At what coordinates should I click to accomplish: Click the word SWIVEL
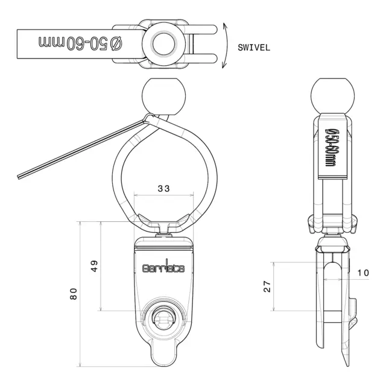point(254,48)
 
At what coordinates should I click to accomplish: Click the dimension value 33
point(163,189)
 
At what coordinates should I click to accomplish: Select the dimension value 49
point(94,266)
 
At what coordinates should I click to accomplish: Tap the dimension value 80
point(74,294)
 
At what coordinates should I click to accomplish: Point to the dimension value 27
point(267,286)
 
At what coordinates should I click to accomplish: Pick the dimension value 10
point(363,273)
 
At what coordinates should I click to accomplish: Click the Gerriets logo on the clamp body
point(163,267)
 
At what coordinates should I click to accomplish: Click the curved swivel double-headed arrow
point(225,46)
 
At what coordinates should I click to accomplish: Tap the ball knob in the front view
point(163,96)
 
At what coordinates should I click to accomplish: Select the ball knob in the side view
point(332,96)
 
